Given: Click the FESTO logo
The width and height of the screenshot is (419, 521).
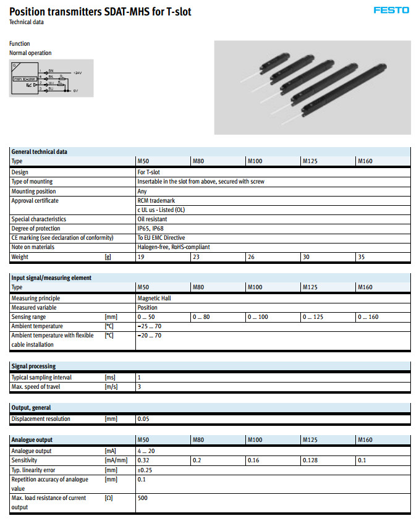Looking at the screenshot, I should click(391, 11).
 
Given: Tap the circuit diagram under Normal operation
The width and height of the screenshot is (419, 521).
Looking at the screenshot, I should click(51, 78).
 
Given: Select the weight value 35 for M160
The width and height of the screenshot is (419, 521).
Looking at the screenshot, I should click(362, 256).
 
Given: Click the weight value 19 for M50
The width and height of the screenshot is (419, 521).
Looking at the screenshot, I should click(141, 256).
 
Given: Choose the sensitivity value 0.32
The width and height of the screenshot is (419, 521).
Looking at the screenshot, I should click(143, 460).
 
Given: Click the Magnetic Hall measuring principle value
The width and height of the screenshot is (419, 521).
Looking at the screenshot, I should click(154, 298).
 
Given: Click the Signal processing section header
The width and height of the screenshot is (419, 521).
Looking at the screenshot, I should click(33, 366).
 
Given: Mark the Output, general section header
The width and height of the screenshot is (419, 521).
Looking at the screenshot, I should click(31, 407).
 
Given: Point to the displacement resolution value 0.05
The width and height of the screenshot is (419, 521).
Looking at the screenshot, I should click(143, 419).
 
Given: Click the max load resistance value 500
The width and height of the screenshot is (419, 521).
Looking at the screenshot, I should click(142, 498).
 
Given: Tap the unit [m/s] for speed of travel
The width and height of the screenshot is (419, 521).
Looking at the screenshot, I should click(111, 387).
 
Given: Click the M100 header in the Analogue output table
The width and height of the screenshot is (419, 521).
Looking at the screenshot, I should click(255, 440).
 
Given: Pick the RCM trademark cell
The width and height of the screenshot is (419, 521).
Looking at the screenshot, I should click(156, 200).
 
